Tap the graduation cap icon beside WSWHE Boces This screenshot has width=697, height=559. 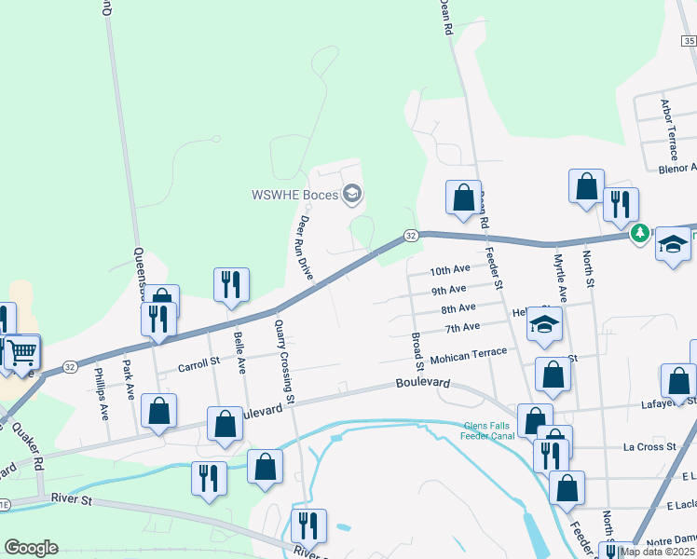pyautogui.click(x=352, y=195)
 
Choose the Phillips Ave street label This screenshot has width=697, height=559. pyautogui.click(x=102, y=396)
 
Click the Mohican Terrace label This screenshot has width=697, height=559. pyautogui.click(x=468, y=355)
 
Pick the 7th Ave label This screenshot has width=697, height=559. pyautogui.click(x=461, y=328)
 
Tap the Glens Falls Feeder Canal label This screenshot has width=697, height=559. pyautogui.click(x=488, y=430)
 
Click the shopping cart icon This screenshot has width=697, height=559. pyautogui.click(x=20, y=351)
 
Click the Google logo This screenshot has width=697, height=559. pyautogui.click(x=31, y=548)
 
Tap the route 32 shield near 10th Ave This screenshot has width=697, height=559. pyautogui.click(x=410, y=237)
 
